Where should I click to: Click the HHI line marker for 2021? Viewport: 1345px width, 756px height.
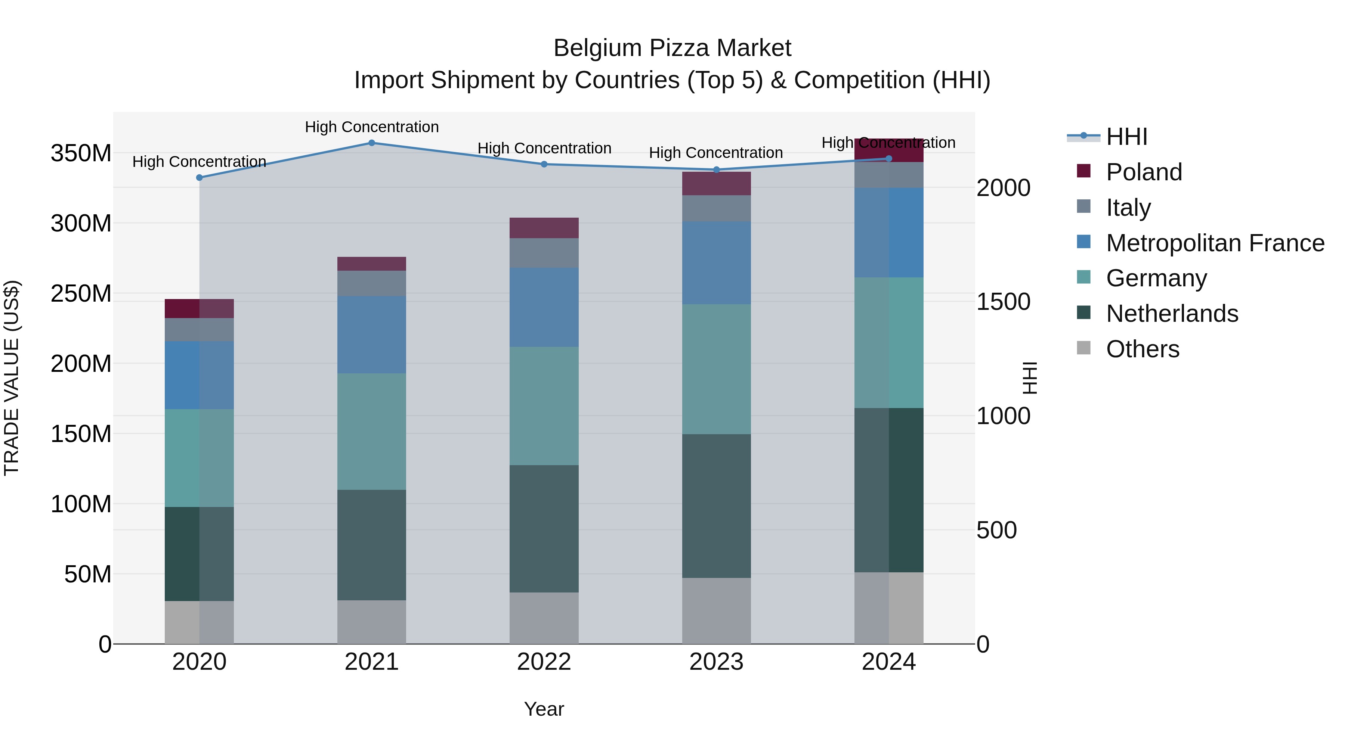[x=372, y=143]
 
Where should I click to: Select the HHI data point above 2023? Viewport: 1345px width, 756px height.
[x=716, y=169]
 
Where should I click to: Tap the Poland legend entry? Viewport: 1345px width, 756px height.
[x=1144, y=172]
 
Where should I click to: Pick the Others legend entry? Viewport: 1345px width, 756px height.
[x=1143, y=349]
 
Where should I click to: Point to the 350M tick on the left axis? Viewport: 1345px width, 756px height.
[x=81, y=153]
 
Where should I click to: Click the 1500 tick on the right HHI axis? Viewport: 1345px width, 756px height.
[x=1003, y=302]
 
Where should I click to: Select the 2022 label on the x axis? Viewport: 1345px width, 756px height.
[x=544, y=662]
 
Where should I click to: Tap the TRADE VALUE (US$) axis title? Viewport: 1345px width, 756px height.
[x=12, y=378]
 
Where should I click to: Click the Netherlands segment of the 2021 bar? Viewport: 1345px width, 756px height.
[x=372, y=545]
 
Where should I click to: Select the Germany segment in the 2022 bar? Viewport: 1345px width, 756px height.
[x=544, y=406]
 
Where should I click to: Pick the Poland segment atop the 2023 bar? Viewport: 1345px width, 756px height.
[x=716, y=184]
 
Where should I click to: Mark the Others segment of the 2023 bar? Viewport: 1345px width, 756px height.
[x=716, y=610]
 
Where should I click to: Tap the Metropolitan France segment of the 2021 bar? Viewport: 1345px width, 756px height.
[x=372, y=335]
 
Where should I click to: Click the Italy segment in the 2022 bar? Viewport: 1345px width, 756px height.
[x=544, y=253]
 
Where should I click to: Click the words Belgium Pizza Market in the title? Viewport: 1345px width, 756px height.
[x=672, y=48]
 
